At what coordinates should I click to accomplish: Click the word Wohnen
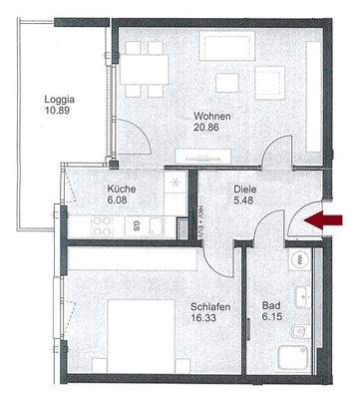point(212,116)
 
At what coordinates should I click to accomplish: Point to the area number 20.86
point(212,128)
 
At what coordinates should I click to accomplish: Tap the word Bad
point(270,306)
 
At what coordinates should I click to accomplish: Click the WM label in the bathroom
point(299,259)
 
